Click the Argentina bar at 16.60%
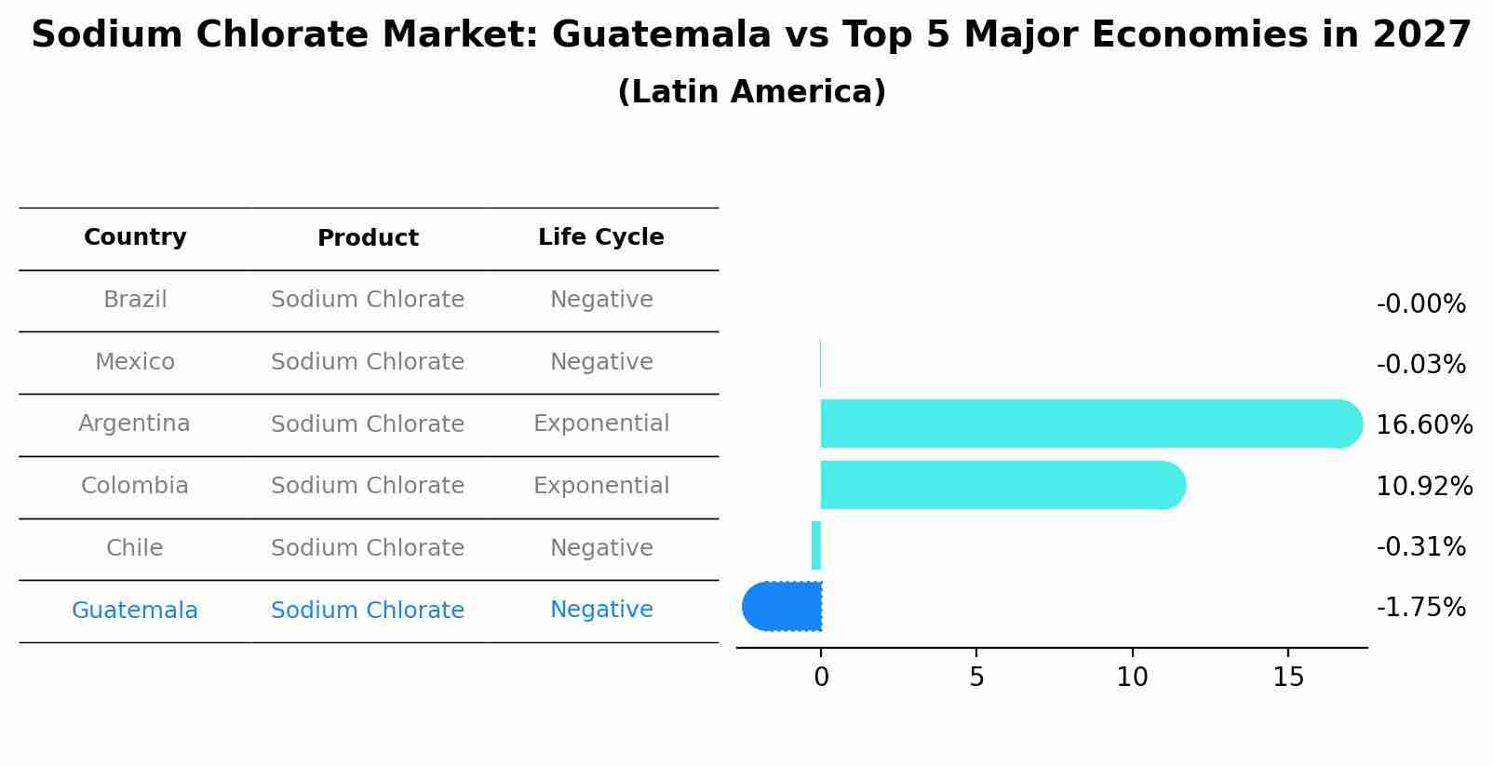[x=1089, y=423]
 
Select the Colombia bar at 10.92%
[x=1002, y=485]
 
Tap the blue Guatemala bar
[x=783, y=607]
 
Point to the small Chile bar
[x=816, y=545]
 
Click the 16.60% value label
[x=1423, y=425]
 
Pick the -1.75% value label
[x=1420, y=608]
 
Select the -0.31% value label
[x=1420, y=547]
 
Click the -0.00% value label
[x=1420, y=304]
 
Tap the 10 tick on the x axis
[x=1132, y=678]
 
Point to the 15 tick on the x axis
[x=1288, y=678]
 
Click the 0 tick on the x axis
[x=821, y=678]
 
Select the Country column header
[x=135, y=237]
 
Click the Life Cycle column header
[x=600, y=237]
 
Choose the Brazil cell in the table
[x=135, y=300]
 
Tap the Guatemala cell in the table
[x=135, y=611]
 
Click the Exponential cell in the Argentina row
[x=600, y=423]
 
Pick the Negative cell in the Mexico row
[x=600, y=362]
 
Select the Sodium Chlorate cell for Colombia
[x=368, y=486]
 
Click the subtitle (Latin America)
[x=751, y=92]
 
